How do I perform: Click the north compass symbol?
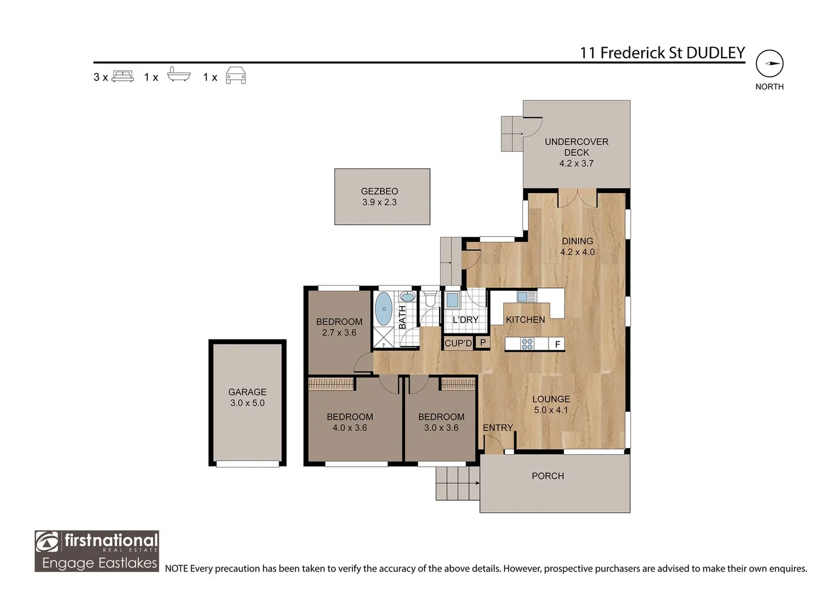pos(769,64)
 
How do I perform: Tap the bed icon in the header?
pos(122,76)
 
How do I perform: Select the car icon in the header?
pos(236,76)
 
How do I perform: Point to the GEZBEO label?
pos(379,191)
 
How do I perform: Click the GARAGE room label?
pos(247,392)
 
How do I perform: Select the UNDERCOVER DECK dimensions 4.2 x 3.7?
pos(576,163)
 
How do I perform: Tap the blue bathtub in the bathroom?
pos(383,309)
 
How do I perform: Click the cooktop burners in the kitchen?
pos(527,344)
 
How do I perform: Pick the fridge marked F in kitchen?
pos(557,344)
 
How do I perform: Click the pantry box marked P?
pos(483,343)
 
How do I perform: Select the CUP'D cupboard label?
pos(458,343)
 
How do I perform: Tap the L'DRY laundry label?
pos(465,320)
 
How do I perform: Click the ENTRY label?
pos(497,428)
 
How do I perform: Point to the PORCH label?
pos(547,476)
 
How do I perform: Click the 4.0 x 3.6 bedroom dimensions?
pos(349,428)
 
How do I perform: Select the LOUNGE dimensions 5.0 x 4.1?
pos(551,410)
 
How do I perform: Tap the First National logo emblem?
pos(47,542)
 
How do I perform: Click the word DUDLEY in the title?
pos(715,53)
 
